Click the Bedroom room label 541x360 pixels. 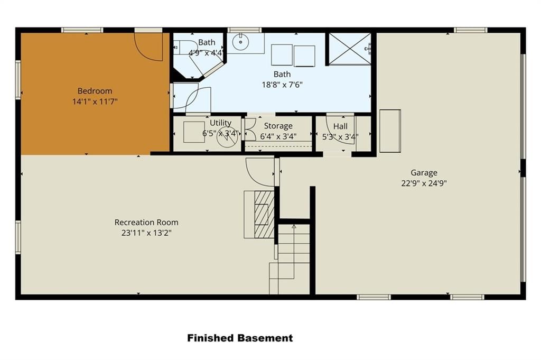tap(95, 91)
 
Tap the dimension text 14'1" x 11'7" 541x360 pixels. tap(95, 101)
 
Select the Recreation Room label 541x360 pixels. tap(146, 222)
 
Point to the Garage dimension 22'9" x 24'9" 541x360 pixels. tap(424, 183)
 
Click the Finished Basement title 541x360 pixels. tap(240, 338)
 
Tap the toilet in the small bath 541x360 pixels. tap(183, 47)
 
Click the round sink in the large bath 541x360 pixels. tap(240, 42)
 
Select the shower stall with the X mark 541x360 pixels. tap(350, 49)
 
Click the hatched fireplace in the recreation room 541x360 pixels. tap(264, 214)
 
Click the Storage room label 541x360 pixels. tap(278, 126)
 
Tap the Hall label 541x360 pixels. tap(340, 126)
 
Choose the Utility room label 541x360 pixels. tap(220, 123)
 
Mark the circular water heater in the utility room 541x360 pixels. tap(227, 136)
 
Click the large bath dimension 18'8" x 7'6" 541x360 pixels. tap(282, 85)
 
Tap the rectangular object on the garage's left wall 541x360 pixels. tap(390, 131)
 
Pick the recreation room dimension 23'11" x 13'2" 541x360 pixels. tap(146, 233)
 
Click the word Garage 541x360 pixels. tap(424, 172)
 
